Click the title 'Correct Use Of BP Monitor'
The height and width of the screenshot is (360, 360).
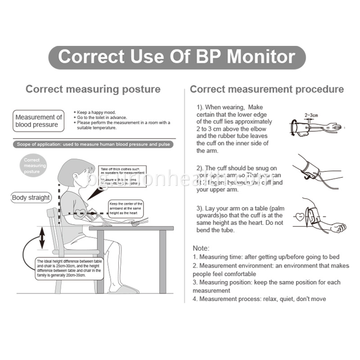(x=177, y=57)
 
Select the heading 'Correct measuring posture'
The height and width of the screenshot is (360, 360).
(x=93, y=89)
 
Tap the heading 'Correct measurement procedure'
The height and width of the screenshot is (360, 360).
(x=266, y=89)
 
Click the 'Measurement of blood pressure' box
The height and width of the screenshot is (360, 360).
(x=38, y=121)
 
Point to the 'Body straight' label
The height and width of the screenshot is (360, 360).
(x=31, y=198)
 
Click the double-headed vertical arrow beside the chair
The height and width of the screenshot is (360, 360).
(x=42, y=238)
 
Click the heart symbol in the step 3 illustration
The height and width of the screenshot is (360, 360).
(x=300, y=217)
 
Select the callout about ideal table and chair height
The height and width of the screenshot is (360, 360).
(x=69, y=269)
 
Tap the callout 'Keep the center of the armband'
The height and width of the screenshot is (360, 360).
(x=126, y=208)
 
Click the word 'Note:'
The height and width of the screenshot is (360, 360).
(x=201, y=248)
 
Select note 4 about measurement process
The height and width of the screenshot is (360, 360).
(x=259, y=299)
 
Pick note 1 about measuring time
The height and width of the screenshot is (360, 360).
(x=266, y=257)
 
